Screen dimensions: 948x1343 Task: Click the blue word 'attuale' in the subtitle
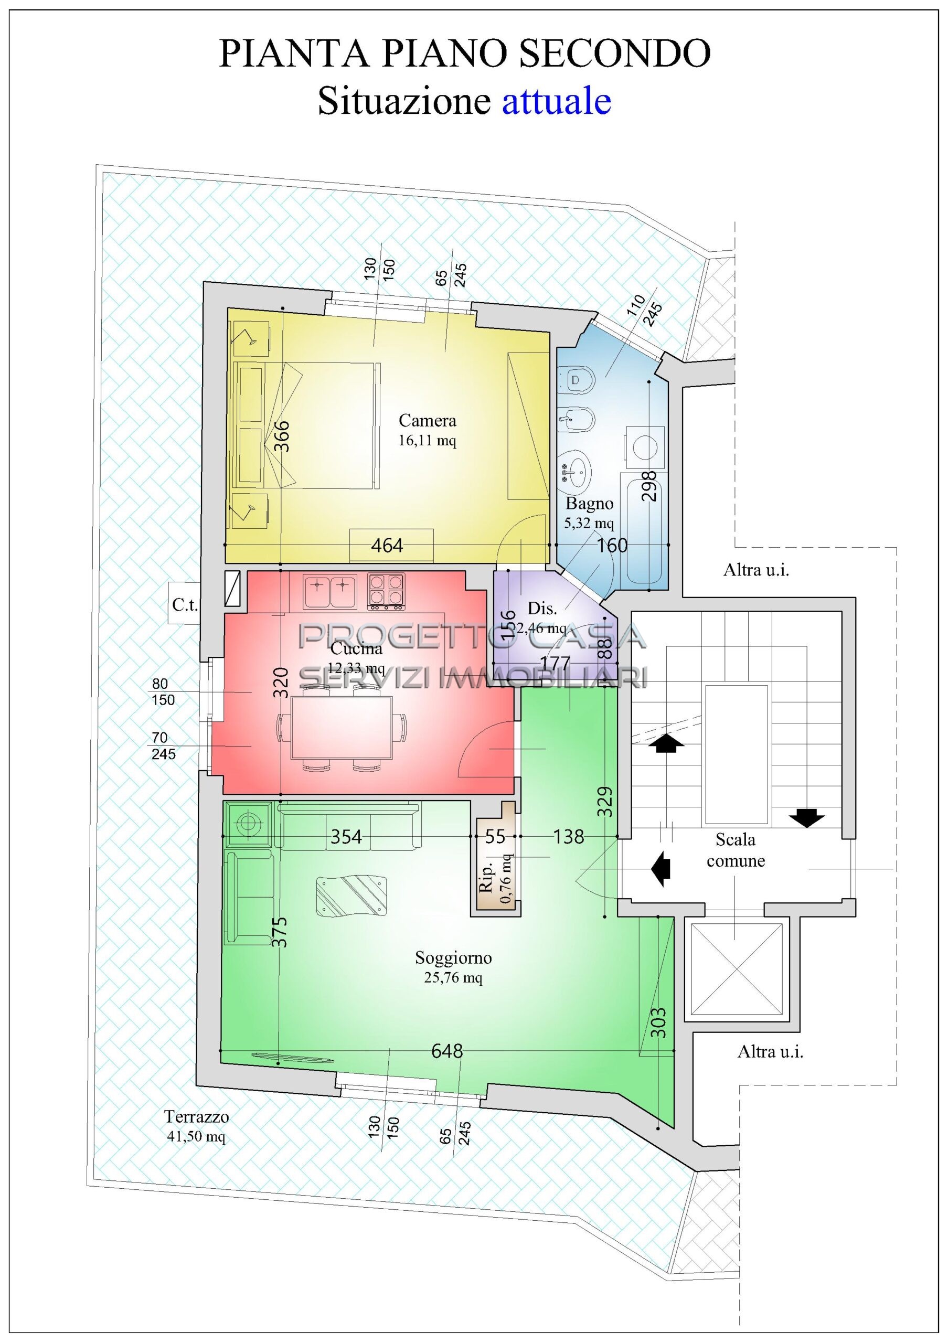556,101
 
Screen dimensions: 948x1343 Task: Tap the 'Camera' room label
427,420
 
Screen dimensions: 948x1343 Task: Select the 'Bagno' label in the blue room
589,503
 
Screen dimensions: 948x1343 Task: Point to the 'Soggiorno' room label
453,957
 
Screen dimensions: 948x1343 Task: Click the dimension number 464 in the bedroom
387,546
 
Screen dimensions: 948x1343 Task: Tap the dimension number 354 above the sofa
346,837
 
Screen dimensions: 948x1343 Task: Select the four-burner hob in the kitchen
386,592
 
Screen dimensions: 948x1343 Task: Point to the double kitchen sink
330,591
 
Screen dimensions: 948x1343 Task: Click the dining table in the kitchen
342,727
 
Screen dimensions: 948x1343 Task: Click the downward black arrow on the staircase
807,818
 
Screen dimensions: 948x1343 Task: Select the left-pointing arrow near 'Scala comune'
661,869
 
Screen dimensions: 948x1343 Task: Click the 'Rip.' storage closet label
486,879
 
